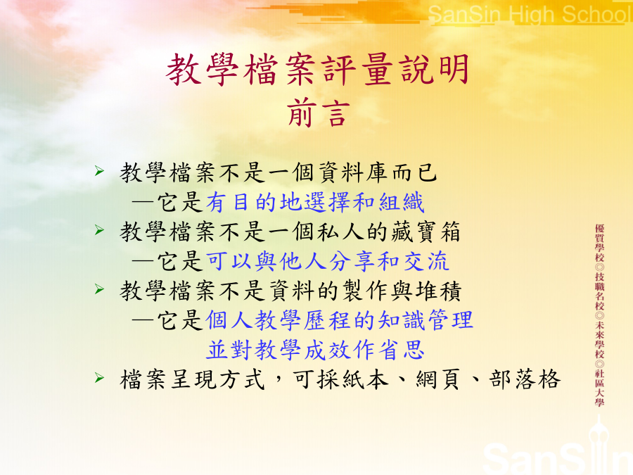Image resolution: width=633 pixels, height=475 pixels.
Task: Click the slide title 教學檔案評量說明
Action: (318, 70)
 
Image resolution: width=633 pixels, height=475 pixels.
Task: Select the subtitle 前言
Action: (318, 113)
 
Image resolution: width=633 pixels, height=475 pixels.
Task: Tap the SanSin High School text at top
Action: (530, 15)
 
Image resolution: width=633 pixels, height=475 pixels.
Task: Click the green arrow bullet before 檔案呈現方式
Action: (100, 378)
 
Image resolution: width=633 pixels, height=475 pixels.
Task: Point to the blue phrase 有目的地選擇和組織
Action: (315, 203)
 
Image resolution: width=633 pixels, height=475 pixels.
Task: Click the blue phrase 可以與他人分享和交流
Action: (327, 261)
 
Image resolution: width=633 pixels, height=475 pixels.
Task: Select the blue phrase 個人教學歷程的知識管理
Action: (339, 320)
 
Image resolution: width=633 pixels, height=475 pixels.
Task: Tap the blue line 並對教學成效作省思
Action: (315, 350)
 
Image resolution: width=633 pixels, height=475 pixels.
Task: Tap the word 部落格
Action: (525, 380)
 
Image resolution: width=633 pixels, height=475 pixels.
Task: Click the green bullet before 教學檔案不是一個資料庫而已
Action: (100, 171)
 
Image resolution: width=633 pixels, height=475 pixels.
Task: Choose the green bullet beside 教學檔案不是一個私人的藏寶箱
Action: (100, 230)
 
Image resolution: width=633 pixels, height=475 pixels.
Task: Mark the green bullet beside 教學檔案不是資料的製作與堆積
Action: (100, 289)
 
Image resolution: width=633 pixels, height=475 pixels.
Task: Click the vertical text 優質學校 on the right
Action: (599, 243)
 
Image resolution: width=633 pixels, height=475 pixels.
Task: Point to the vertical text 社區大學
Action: (599, 388)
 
